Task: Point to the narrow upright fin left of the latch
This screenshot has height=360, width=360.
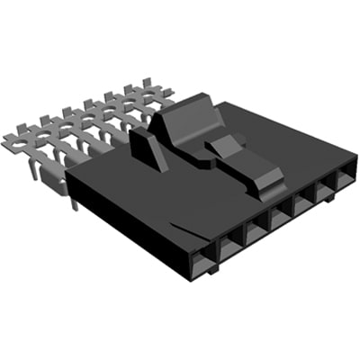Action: [x=148, y=148]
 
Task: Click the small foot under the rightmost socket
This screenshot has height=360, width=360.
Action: [x=329, y=197]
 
